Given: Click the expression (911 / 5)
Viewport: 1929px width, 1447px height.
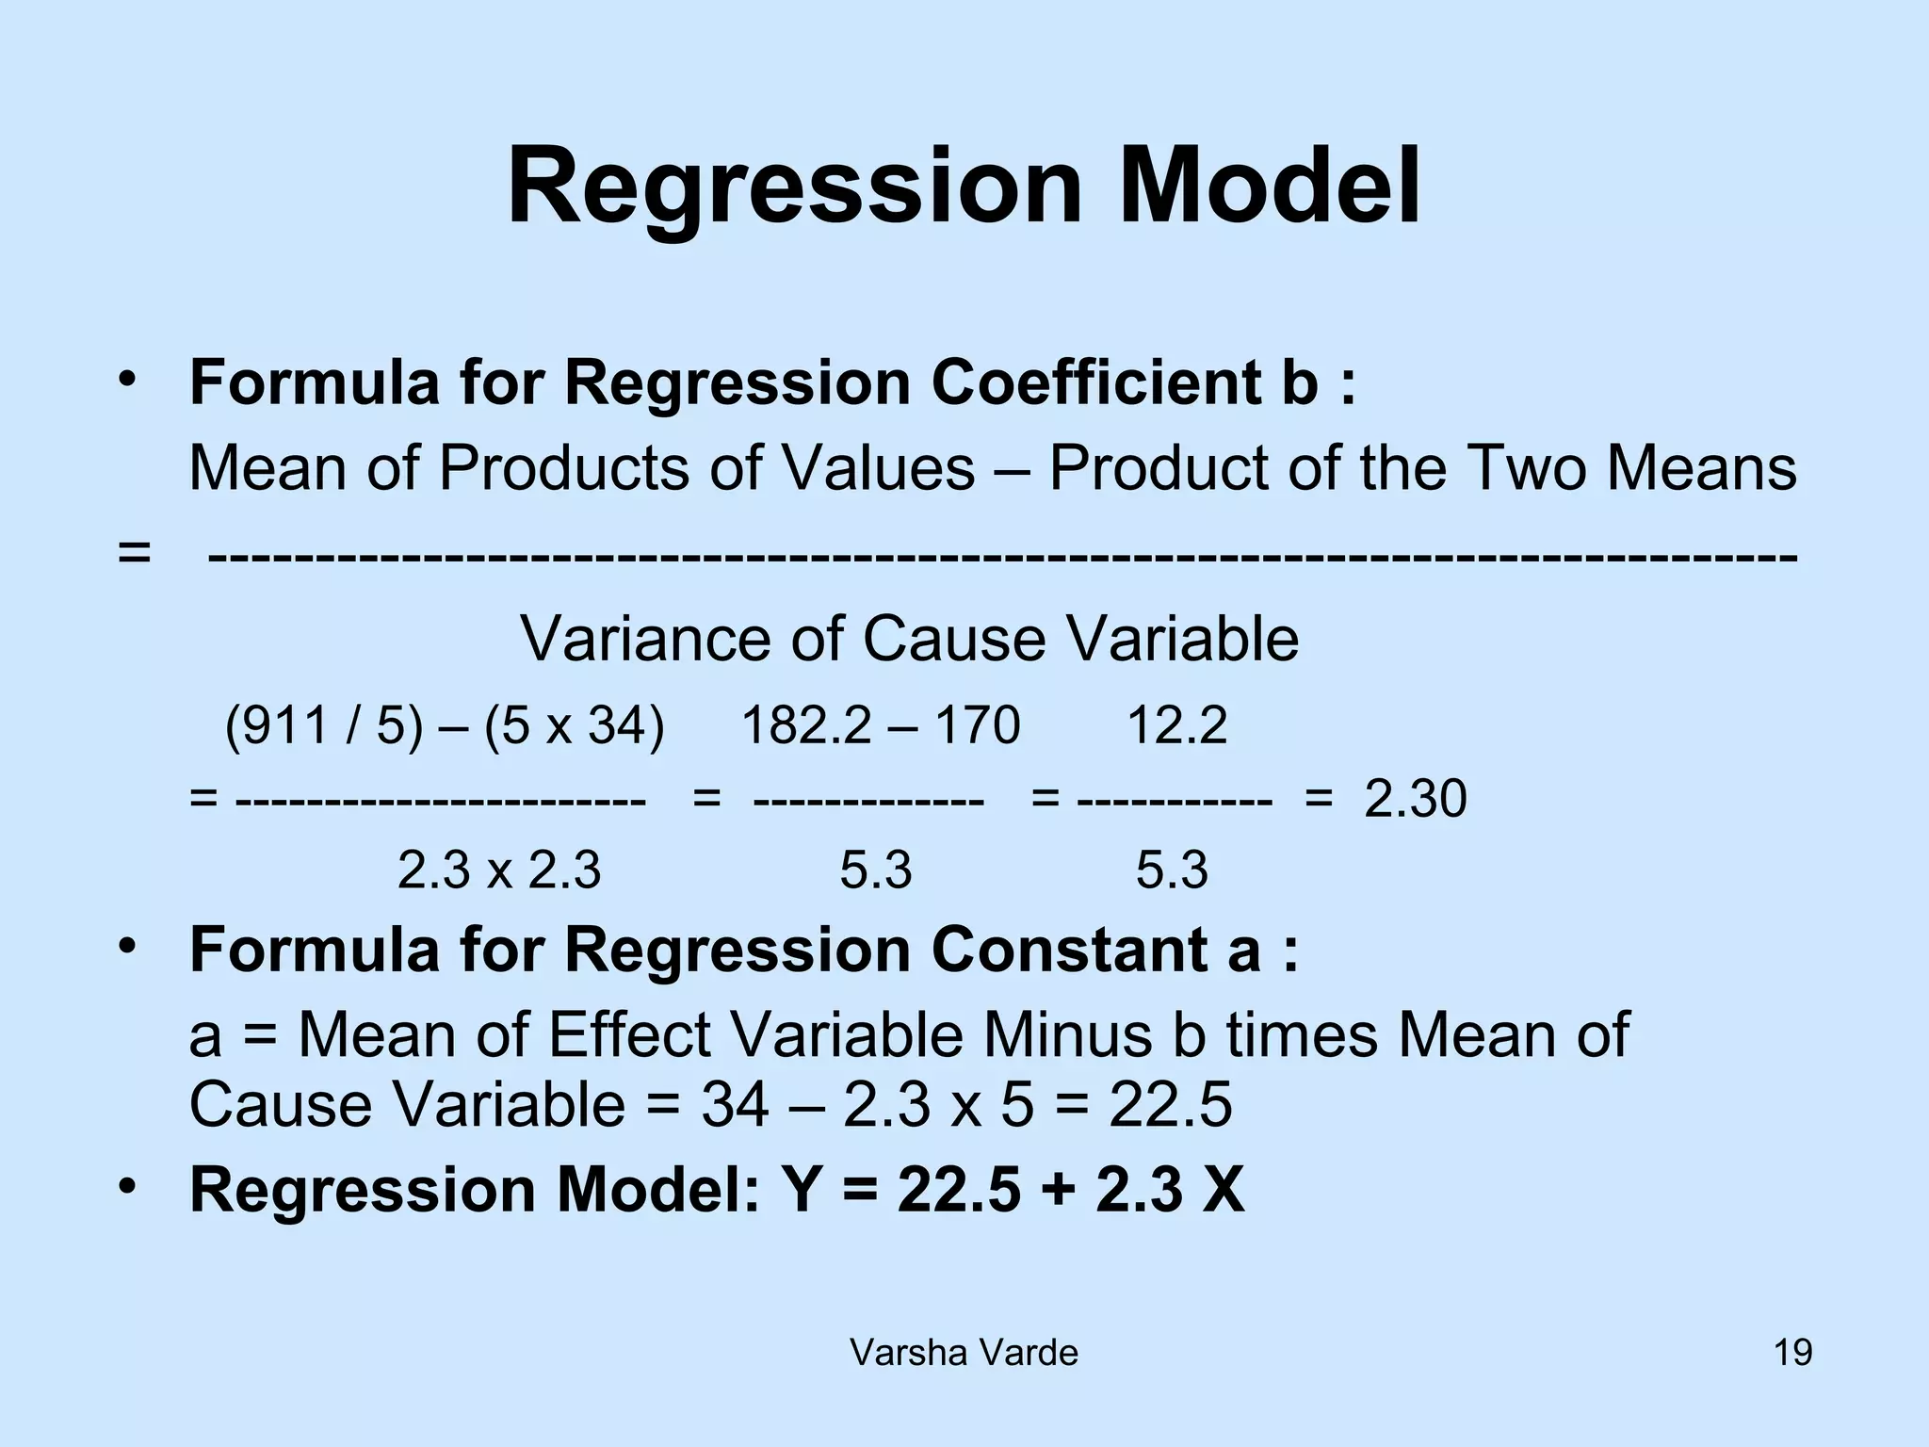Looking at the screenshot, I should (323, 726).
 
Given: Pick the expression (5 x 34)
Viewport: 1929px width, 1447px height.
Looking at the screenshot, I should (574, 726).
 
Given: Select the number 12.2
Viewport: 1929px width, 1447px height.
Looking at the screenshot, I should (1176, 726).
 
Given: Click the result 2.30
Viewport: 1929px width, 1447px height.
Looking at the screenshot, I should (1415, 800).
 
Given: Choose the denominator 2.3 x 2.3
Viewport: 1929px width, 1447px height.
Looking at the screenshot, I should (498, 870).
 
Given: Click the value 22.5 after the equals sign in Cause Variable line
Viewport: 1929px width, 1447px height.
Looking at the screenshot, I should (1170, 1104).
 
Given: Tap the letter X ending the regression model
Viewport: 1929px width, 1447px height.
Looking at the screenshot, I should (1222, 1190).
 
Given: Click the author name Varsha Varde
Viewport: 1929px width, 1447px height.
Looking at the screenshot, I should (964, 1354).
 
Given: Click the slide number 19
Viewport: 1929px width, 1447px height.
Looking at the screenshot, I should (1792, 1354).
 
